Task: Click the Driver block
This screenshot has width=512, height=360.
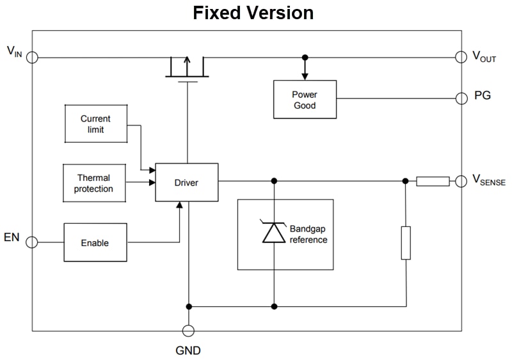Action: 186,182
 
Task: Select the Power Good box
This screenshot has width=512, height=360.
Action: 305,100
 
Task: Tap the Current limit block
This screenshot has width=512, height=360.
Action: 96,124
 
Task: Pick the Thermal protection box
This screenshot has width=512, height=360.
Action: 94,184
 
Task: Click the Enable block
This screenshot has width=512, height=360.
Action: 95,243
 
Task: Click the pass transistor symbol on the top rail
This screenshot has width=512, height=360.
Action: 187,67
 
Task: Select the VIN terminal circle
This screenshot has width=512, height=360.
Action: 32,58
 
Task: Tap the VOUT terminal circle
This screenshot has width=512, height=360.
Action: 461,57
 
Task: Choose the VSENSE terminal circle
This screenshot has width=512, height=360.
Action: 461,181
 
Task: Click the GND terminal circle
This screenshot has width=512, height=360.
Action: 188,331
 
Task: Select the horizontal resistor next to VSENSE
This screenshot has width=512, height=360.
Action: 433,181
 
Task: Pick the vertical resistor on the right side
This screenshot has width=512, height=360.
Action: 406,242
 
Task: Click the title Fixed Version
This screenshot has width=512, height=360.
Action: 253,13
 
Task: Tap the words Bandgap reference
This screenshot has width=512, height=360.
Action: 308,234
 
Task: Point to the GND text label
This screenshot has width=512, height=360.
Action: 188,350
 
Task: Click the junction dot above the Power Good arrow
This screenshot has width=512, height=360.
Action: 305,58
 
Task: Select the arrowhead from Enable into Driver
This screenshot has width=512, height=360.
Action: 180,205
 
